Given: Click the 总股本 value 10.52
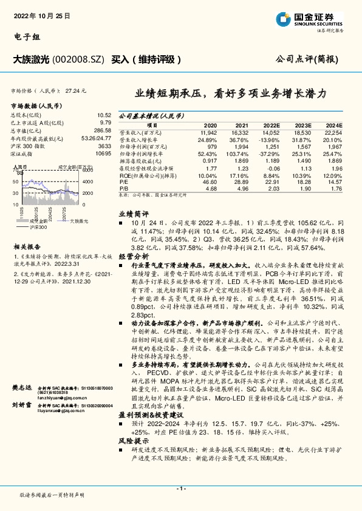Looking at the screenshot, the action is (x=104, y=115).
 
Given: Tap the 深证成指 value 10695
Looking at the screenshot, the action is (x=103, y=154).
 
